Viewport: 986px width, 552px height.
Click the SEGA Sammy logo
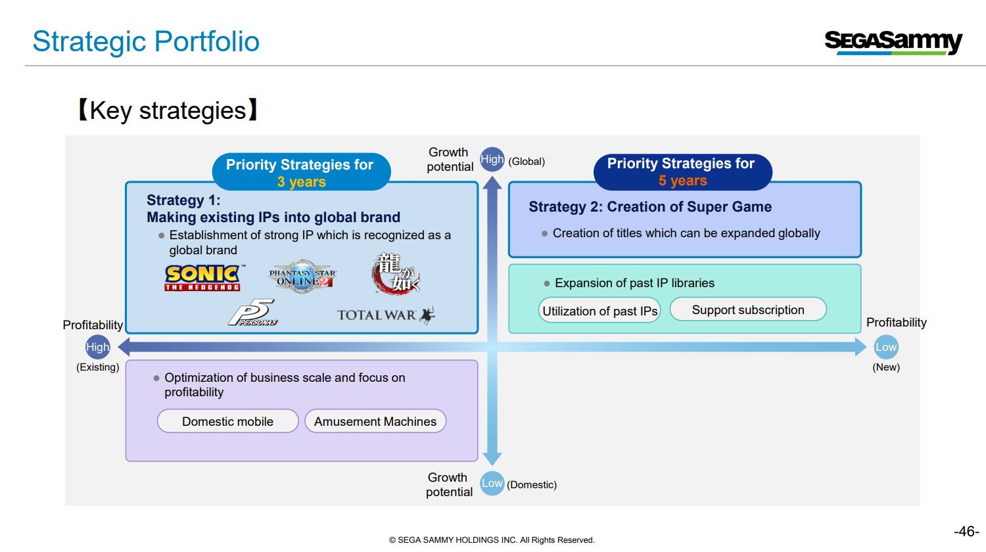pos(893,42)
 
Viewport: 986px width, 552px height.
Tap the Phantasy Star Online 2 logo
pos(302,277)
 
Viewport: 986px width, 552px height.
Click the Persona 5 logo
pos(252,313)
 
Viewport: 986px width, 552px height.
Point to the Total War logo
pos(386,315)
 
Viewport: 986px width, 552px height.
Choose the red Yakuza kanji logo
pos(395,273)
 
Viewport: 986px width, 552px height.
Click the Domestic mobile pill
pos(227,421)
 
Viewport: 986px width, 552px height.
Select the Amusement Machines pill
pos(375,421)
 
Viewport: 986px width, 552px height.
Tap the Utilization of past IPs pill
pos(599,311)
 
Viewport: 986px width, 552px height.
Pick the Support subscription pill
pos(748,310)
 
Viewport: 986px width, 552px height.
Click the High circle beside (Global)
pos(492,159)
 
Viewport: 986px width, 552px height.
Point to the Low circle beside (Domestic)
pos(492,483)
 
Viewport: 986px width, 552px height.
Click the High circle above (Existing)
pos(98,347)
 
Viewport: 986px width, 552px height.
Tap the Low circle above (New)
pos(885,347)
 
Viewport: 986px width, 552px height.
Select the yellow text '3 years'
pos(301,182)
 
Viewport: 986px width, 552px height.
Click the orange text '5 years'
pos(682,181)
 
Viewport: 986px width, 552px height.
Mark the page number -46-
pos(966,531)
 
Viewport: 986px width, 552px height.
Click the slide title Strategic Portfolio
pos(146,41)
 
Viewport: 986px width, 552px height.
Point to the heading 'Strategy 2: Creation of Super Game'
pos(650,207)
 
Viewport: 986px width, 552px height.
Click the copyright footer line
pos(492,540)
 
